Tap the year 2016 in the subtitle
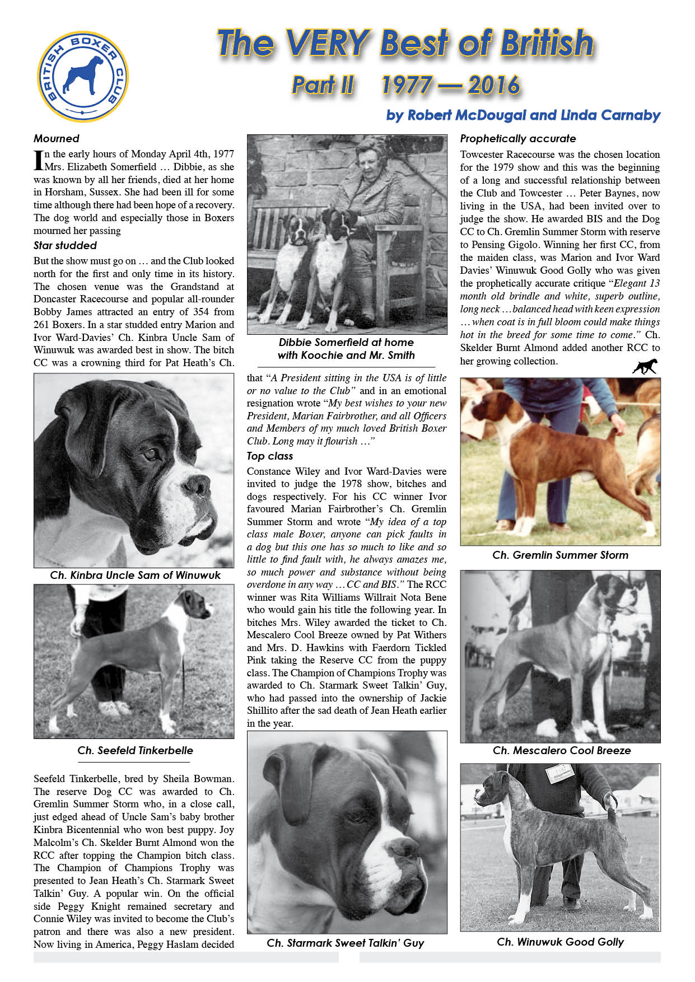(x=493, y=85)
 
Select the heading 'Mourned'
(x=56, y=138)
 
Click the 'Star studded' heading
(x=65, y=245)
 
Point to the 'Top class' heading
(x=270, y=456)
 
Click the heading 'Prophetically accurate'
(x=517, y=138)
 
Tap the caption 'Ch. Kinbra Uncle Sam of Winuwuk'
(x=135, y=575)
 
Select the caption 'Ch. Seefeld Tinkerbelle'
(x=135, y=750)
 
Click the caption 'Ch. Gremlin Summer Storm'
(x=560, y=555)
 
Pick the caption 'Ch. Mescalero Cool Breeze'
(x=561, y=750)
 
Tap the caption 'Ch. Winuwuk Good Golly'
(x=560, y=942)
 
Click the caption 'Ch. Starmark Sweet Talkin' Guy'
(x=345, y=943)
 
